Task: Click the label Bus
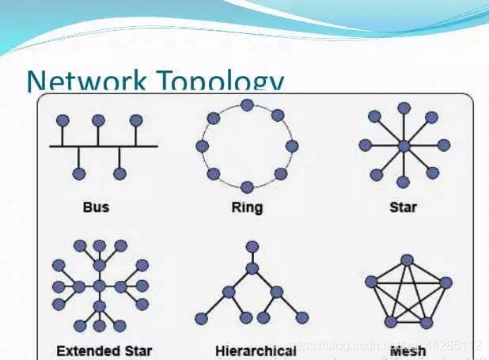(96, 207)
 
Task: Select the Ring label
(247, 208)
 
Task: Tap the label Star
(404, 207)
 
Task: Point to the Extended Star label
(104, 350)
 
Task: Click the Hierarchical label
(256, 350)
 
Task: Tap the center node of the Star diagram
(404, 146)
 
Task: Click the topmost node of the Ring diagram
(247, 105)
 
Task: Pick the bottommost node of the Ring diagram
(247, 187)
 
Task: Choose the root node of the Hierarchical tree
(252, 248)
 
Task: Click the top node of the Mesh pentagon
(407, 260)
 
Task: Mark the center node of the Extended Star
(99, 285)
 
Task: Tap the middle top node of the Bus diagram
(98, 120)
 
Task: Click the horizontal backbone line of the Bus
(103, 146)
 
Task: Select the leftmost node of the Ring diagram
(202, 146)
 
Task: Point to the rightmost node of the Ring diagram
(292, 146)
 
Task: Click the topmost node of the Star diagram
(404, 108)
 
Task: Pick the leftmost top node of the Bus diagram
(60, 120)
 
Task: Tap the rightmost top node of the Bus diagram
(136, 120)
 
